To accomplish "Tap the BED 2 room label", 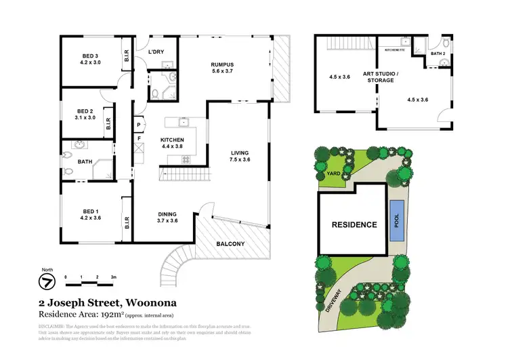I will [x=84, y=111].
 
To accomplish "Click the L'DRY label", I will [x=157, y=50].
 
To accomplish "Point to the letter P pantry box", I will [x=138, y=125].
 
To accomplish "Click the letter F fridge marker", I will [x=138, y=139].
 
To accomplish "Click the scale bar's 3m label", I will [x=114, y=278].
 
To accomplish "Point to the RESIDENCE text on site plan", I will [x=353, y=224].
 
